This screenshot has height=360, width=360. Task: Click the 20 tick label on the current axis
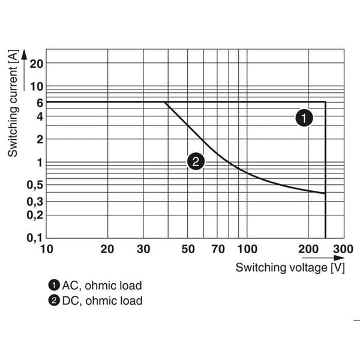36,64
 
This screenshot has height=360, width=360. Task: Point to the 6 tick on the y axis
40,103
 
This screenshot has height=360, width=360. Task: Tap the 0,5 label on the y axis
35,185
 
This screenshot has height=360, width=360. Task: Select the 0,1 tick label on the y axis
35,238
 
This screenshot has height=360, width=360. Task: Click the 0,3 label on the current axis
35,202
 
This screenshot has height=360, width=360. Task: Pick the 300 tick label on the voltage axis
343,249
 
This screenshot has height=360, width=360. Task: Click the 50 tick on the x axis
188,249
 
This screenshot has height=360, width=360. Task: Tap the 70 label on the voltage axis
218,249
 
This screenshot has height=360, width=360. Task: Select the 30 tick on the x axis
143,249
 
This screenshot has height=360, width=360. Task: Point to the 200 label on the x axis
308,249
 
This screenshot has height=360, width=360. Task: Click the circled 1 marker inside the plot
304,118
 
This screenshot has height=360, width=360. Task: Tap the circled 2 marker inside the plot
196,161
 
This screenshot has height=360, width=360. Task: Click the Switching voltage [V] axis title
290,268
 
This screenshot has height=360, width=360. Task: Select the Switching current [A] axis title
13,103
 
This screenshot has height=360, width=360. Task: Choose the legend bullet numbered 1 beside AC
54,286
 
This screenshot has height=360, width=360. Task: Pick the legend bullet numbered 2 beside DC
54,301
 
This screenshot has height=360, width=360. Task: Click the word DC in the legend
70,301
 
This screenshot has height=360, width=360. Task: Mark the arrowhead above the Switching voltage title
340,258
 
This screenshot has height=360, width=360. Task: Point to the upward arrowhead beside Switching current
24,55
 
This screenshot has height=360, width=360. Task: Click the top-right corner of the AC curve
325,102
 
